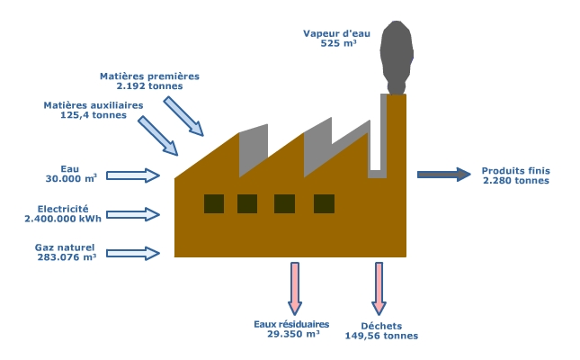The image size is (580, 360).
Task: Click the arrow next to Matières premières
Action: tap(183, 116)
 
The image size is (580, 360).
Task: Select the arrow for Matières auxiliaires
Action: tap(158, 136)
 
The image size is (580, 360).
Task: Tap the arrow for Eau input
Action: tap(133, 175)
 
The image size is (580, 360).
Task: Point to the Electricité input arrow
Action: tap(133, 214)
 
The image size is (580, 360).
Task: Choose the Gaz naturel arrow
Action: tap(133, 253)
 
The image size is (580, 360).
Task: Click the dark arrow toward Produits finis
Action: tap(444, 175)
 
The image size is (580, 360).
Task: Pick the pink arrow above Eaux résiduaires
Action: tap(295, 289)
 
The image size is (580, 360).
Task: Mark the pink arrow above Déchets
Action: tap(379, 289)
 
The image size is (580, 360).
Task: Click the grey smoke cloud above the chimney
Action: tap(397, 58)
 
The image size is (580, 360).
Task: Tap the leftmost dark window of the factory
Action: tap(214, 203)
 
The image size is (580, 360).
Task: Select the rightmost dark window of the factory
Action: tap(324, 203)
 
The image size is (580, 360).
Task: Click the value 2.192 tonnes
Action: tap(150, 85)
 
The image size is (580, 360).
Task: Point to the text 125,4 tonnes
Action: tap(94, 115)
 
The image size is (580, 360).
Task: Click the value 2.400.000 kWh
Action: tap(63, 219)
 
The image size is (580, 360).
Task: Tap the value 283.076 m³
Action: tap(67, 257)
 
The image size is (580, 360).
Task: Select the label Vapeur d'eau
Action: tap(336, 33)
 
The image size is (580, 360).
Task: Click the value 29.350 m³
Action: tap(293, 334)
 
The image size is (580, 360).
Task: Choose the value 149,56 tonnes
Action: tap(382, 336)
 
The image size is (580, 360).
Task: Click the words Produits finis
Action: tap(516, 171)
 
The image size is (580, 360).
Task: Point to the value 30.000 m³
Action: tap(71, 178)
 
